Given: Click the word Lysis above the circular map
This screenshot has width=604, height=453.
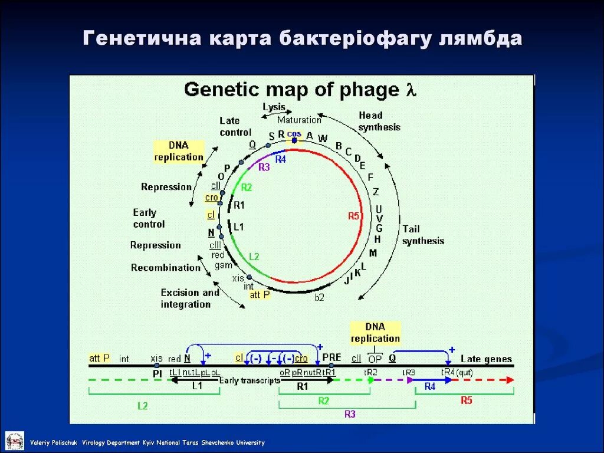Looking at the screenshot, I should click(274, 107).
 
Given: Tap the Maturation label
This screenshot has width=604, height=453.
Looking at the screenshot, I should click(299, 120).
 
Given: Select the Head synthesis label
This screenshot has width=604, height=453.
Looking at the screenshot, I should click(379, 121).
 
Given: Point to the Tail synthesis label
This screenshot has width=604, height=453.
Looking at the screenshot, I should click(423, 235).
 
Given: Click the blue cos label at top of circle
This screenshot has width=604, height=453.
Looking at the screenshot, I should click(294, 134).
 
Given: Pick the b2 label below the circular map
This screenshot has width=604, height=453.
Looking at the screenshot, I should click(319, 297).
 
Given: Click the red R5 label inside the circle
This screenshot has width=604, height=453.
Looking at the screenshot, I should click(353, 216).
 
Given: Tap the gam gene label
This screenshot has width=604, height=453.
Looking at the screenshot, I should click(222, 265).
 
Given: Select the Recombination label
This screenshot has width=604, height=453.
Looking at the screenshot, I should click(166, 268).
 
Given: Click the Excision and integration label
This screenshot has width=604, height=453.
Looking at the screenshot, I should click(189, 298).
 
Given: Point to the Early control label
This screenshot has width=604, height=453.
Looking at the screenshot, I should click(148, 218).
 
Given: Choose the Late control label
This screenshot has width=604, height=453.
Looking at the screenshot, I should click(235, 126).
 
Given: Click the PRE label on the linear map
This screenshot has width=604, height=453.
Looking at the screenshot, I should click(331, 357).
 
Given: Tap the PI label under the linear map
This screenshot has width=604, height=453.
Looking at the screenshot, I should click(157, 373).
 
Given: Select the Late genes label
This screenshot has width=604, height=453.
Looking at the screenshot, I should click(486, 359).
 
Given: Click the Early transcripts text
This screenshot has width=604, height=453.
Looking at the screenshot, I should click(249, 380).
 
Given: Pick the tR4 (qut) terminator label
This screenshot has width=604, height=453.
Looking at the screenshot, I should click(457, 372).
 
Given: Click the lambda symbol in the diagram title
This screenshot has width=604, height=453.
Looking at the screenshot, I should click(411, 90).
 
